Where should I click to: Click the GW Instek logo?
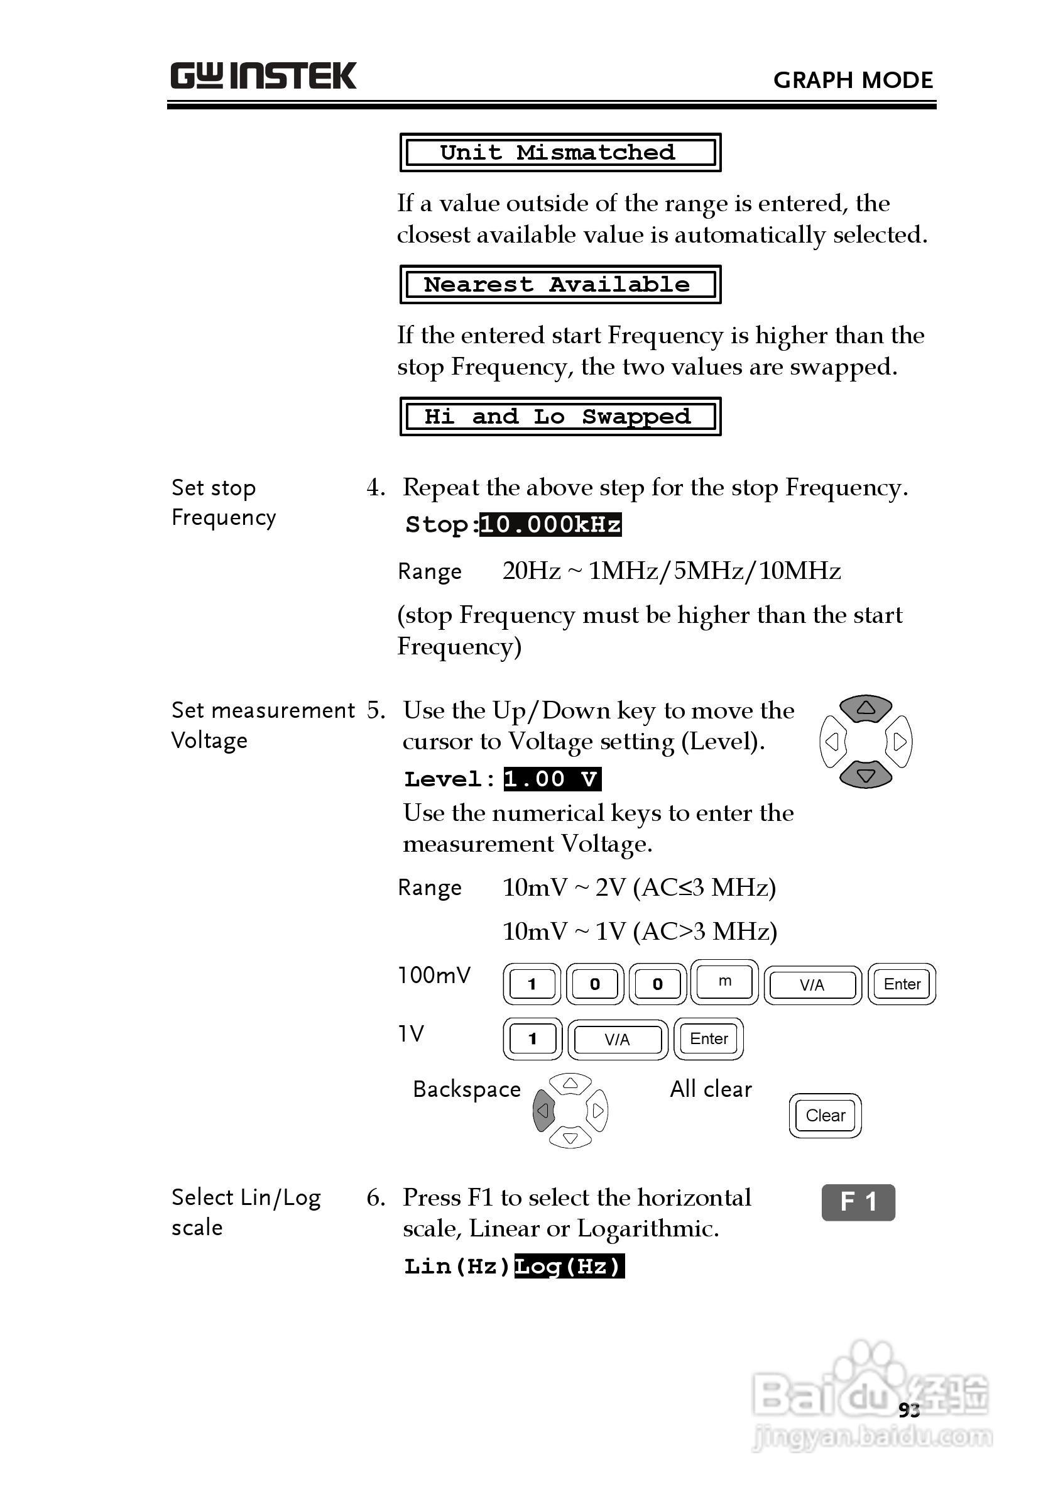pos(263,76)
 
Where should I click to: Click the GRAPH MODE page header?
pos(853,80)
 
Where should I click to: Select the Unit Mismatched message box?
pos(560,153)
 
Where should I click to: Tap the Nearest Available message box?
pos(560,285)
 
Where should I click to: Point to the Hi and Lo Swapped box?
pos(560,417)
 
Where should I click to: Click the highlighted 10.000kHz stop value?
pos(550,525)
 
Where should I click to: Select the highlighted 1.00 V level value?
pos(552,779)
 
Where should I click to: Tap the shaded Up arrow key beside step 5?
pos(865,708)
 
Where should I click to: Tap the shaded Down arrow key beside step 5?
pos(865,775)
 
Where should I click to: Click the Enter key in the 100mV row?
pos(902,984)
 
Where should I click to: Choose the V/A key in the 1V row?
pos(618,1040)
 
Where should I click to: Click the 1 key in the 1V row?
pos(532,1039)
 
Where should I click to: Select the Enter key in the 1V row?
pos(709,1039)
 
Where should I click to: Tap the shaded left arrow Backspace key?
pos(543,1111)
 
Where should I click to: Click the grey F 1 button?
pos(858,1201)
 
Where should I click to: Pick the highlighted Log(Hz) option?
pos(569,1267)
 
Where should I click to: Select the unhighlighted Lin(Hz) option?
pos(457,1267)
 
